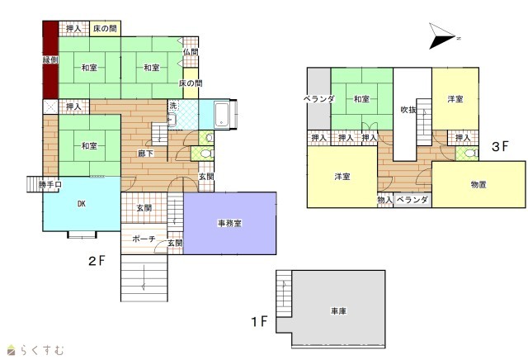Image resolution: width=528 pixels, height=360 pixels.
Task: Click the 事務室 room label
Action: pyautogui.click(x=229, y=223)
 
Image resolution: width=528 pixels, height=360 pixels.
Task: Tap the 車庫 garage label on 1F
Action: pyautogui.click(x=338, y=310)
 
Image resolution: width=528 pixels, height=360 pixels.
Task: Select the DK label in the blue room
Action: pyautogui.click(x=82, y=204)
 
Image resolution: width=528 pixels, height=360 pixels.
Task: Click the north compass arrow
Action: pyautogui.click(x=442, y=36)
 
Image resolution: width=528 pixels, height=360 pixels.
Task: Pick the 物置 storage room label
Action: pyautogui.click(x=478, y=185)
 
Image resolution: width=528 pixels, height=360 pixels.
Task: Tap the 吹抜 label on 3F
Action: pyautogui.click(x=408, y=110)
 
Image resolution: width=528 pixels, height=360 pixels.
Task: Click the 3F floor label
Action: pyautogui.click(x=500, y=146)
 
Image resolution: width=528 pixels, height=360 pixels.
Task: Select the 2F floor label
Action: pyautogui.click(x=97, y=261)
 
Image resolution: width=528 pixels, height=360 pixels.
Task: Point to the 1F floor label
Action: pyautogui.click(x=259, y=321)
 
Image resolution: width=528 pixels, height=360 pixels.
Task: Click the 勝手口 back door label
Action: pyautogui.click(x=49, y=185)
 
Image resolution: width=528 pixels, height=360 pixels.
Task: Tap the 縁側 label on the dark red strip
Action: pyautogui.click(x=50, y=60)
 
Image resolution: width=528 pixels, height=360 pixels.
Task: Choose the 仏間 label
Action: pyautogui.click(x=191, y=52)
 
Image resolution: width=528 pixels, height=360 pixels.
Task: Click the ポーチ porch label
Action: pyautogui.click(x=144, y=239)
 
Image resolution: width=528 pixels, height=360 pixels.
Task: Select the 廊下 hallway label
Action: pyautogui.click(x=146, y=154)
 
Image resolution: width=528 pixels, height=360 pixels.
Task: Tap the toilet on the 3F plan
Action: pyautogui.click(x=470, y=154)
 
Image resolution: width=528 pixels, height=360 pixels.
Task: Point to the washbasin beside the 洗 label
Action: pyautogui.click(x=172, y=119)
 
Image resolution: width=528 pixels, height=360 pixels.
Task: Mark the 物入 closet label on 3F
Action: pyautogui.click(x=385, y=200)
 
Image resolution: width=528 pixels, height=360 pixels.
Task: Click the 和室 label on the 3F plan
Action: pyautogui.click(x=361, y=99)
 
